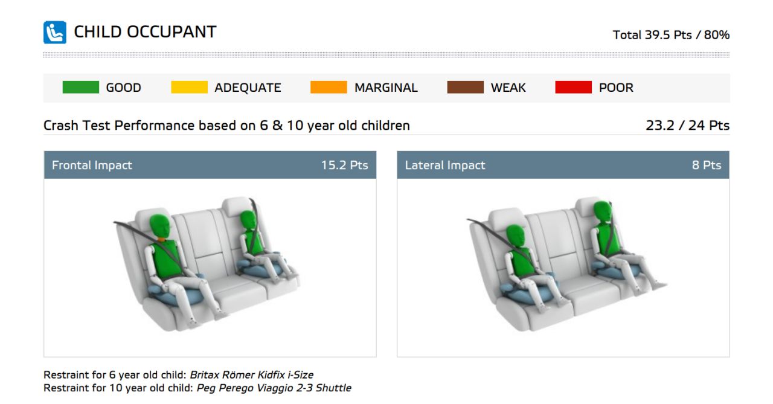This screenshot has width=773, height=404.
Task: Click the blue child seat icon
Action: (x=55, y=33)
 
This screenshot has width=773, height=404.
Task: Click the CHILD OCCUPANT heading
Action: (x=146, y=32)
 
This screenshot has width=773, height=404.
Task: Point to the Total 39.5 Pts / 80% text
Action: (x=671, y=35)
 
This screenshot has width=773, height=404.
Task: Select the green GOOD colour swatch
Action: (x=81, y=88)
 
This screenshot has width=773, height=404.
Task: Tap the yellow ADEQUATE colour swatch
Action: (x=190, y=88)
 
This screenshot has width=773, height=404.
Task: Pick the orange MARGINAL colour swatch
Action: (x=329, y=88)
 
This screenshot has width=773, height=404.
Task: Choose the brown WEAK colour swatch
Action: (x=465, y=88)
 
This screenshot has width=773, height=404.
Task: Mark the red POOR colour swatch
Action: (x=574, y=88)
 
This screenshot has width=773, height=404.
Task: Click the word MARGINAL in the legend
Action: (x=386, y=88)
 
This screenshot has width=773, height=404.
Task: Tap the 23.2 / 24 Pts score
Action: (x=687, y=125)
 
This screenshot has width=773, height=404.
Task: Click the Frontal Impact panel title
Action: (x=92, y=165)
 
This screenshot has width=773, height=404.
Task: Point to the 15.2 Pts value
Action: (x=344, y=165)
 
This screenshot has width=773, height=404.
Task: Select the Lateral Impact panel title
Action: (x=445, y=165)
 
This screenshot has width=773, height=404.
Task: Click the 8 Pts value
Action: (x=707, y=165)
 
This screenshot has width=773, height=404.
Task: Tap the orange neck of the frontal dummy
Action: (x=161, y=239)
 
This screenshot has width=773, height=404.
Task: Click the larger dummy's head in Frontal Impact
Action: (x=160, y=226)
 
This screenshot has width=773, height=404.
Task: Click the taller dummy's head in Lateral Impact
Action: (x=602, y=211)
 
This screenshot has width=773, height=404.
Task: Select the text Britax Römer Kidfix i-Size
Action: (x=252, y=374)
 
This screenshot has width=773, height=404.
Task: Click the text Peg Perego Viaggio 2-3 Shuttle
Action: (x=274, y=388)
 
